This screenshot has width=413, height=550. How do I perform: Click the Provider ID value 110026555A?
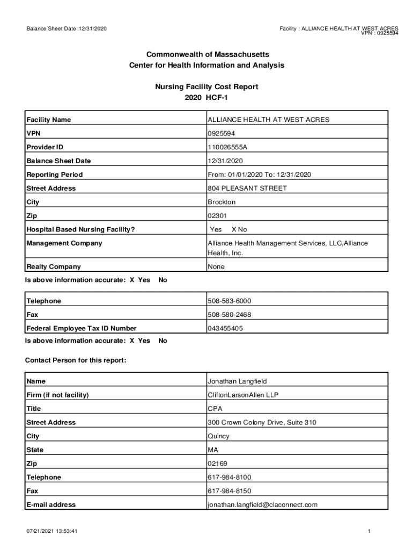(x=227, y=147)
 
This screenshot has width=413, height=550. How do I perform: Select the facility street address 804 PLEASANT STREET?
(x=247, y=189)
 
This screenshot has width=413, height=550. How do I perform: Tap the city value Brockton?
(x=222, y=202)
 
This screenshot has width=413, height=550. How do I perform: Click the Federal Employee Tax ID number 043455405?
(x=225, y=329)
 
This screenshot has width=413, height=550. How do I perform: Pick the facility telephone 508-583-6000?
(x=229, y=301)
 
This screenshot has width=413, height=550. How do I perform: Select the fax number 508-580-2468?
(x=229, y=315)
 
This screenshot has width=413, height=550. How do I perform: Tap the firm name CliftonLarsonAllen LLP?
(x=243, y=395)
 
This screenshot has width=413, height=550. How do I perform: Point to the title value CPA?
(x=215, y=409)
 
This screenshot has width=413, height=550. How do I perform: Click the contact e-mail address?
(x=262, y=505)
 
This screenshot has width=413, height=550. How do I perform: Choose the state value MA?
(x=213, y=450)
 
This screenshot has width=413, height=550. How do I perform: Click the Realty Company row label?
(x=54, y=267)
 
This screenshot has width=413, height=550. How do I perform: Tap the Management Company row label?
(x=64, y=243)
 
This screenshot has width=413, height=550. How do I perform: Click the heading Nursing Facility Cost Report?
(x=206, y=86)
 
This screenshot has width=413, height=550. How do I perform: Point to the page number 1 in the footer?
(x=370, y=532)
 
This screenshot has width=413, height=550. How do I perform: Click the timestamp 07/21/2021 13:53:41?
(x=53, y=532)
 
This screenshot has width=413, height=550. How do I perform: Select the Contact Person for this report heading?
(x=76, y=360)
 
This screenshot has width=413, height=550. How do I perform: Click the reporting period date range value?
(x=259, y=175)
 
